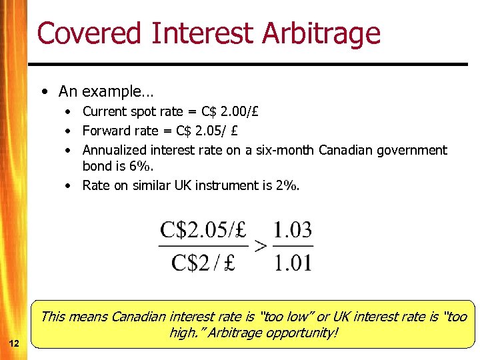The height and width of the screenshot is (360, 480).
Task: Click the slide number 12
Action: (13, 343)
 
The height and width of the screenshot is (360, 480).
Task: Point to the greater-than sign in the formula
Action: (261, 245)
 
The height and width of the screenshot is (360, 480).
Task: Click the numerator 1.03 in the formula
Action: (292, 231)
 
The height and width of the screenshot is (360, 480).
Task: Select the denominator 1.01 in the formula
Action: (292, 262)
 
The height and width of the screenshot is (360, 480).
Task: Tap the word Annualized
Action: (115, 150)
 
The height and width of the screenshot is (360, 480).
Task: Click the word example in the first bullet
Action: (111, 91)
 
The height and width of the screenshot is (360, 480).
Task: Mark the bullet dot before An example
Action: (43, 91)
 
